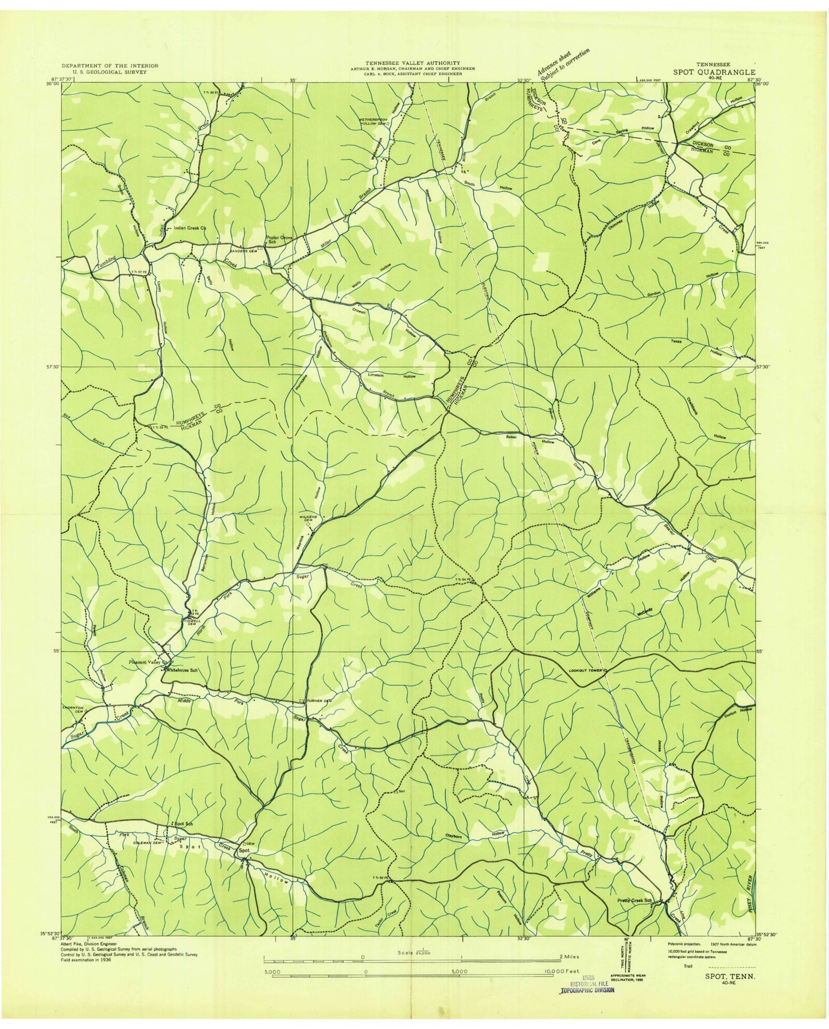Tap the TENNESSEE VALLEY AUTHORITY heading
tap(414, 63)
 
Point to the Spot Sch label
tap(182, 824)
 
